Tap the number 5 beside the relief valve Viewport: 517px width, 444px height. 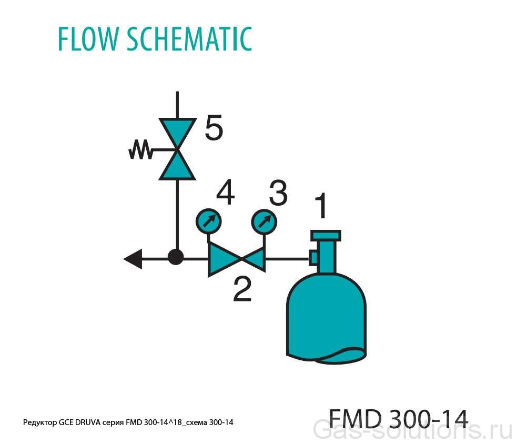tap(214, 128)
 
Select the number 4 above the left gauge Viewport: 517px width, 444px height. tap(225, 193)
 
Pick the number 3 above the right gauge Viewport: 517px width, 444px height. tap(278, 193)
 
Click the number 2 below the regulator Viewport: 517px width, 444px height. tap(242, 289)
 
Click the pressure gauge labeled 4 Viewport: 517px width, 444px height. tap(208, 221)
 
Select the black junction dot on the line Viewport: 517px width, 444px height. tap(176, 258)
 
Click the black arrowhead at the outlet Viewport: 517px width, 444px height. tap(133, 258)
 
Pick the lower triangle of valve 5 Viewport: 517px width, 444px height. tap(177, 166)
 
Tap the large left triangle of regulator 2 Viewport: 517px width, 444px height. tap(222, 259)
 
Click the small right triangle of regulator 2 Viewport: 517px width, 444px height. tap(255, 258)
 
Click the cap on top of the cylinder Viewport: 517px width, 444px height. tap(326, 235)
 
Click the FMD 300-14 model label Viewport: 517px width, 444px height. tap(398, 419)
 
